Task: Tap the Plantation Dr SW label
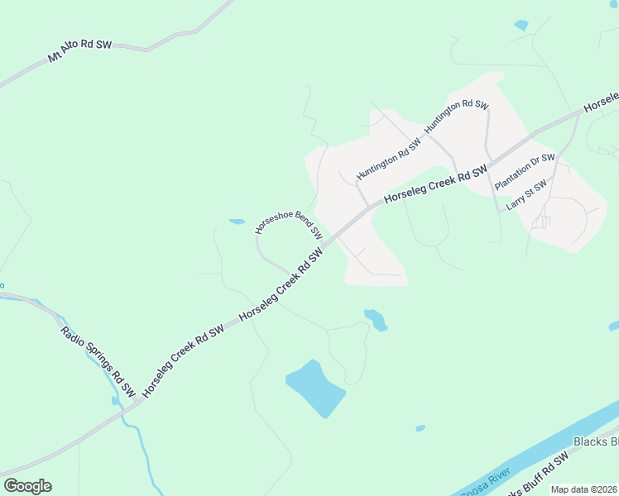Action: click(525, 171)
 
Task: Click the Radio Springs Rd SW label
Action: click(98, 360)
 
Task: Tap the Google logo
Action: click(27, 486)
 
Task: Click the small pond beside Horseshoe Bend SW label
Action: click(237, 222)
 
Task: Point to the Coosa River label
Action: click(480, 488)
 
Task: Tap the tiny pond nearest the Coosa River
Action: click(420, 428)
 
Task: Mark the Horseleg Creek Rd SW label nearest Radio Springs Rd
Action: click(183, 360)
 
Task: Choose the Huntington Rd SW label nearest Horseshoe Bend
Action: click(388, 159)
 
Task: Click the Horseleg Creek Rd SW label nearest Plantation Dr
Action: click(435, 185)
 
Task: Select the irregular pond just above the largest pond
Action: click(376, 319)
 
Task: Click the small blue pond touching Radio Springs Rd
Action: click(116, 401)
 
